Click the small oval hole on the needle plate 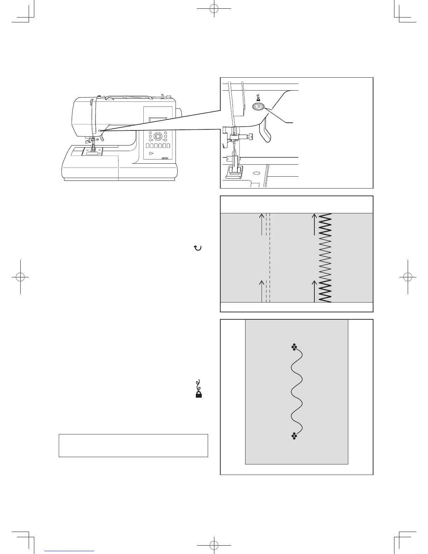(x=257, y=173)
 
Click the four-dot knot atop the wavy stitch (x=294, y=347)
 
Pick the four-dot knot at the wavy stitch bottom (x=294, y=435)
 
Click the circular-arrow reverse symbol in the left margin (x=198, y=248)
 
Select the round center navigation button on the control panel (x=158, y=136)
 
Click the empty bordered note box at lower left (x=133, y=446)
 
